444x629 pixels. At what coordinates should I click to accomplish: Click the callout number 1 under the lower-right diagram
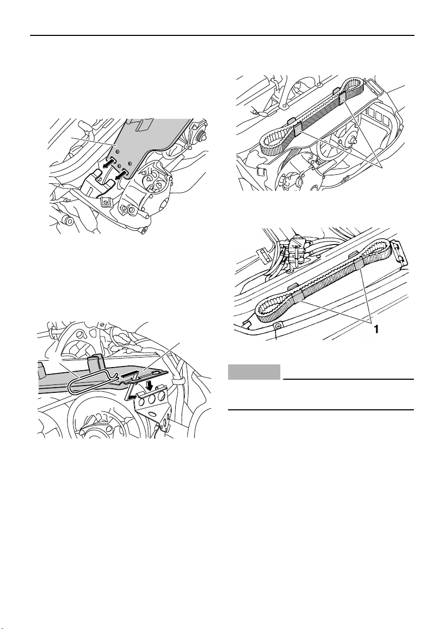(x=376, y=330)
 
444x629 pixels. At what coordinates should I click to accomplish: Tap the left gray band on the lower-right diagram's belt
(x=297, y=298)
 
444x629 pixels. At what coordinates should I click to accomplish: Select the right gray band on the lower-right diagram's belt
(x=358, y=264)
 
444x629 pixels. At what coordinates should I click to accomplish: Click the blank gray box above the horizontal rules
(x=254, y=372)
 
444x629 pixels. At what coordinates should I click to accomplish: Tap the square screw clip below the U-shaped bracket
(x=106, y=201)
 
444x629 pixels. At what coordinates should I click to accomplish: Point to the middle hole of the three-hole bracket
(x=152, y=399)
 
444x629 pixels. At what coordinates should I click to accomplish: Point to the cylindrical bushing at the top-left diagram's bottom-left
(x=65, y=220)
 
